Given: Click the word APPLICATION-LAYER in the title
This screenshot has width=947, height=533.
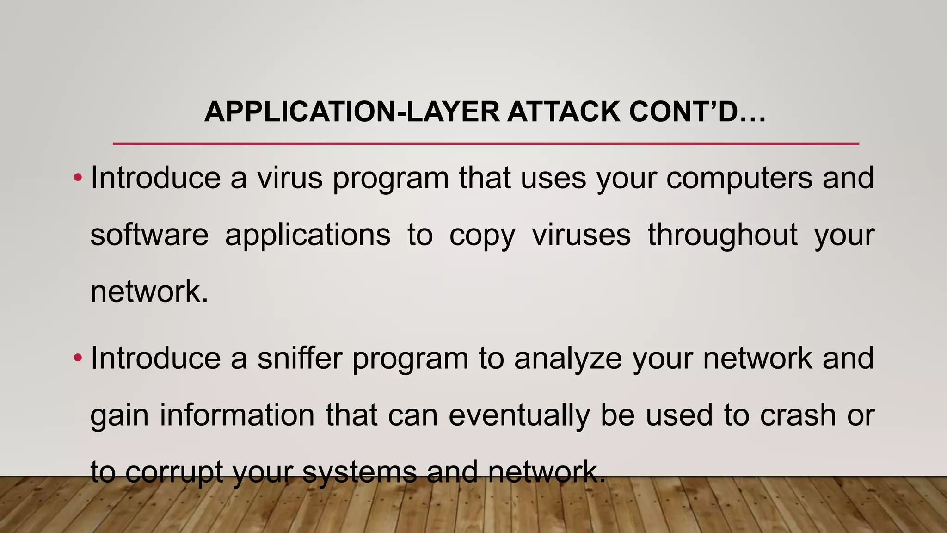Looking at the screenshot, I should point(351,112).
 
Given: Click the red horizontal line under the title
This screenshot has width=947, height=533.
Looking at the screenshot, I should point(486,144).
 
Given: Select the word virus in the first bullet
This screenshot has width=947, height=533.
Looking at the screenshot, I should point(290,178).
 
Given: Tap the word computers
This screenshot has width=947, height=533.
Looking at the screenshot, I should point(739,178).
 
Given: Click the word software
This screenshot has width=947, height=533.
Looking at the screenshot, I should point(149,235).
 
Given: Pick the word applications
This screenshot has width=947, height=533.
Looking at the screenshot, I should point(308,235).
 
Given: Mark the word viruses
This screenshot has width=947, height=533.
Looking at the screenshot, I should point(581,235).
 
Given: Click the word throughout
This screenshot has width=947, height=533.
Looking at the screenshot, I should point(722,235).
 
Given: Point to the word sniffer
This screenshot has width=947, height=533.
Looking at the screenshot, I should point(300,358).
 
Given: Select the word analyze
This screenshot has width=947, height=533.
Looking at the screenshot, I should point(568,359).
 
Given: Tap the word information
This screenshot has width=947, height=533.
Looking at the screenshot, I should point(237,415).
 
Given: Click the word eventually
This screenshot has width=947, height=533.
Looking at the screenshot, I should point(519,415).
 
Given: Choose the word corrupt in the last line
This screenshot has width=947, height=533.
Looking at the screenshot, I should point(174,472).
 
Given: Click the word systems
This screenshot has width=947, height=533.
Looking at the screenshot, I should point(359,472).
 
